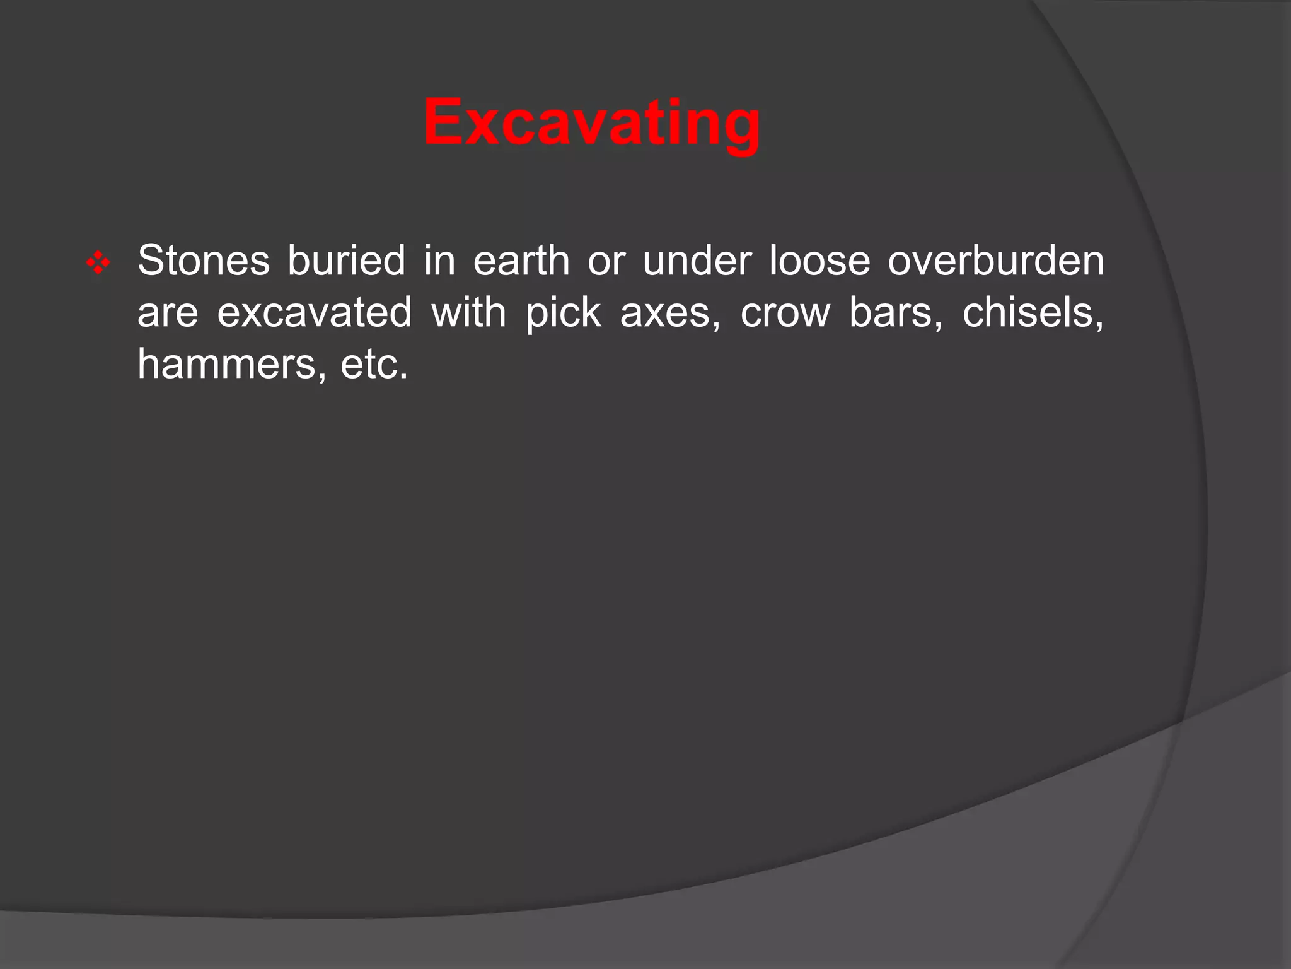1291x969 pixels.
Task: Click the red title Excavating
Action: [591, 122]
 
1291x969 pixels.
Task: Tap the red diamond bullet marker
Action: [98, 262]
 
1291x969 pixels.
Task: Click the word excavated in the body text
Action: [314, 312]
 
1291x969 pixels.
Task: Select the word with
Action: [468, 312]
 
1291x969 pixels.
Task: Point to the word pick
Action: [563, 314]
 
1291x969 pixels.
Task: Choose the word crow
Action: [785, 314]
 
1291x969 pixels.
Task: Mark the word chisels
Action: [1032, 312]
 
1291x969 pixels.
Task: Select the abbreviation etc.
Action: [374, 365]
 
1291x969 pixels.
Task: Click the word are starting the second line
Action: [167, 314]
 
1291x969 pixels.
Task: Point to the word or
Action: [606, 261]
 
